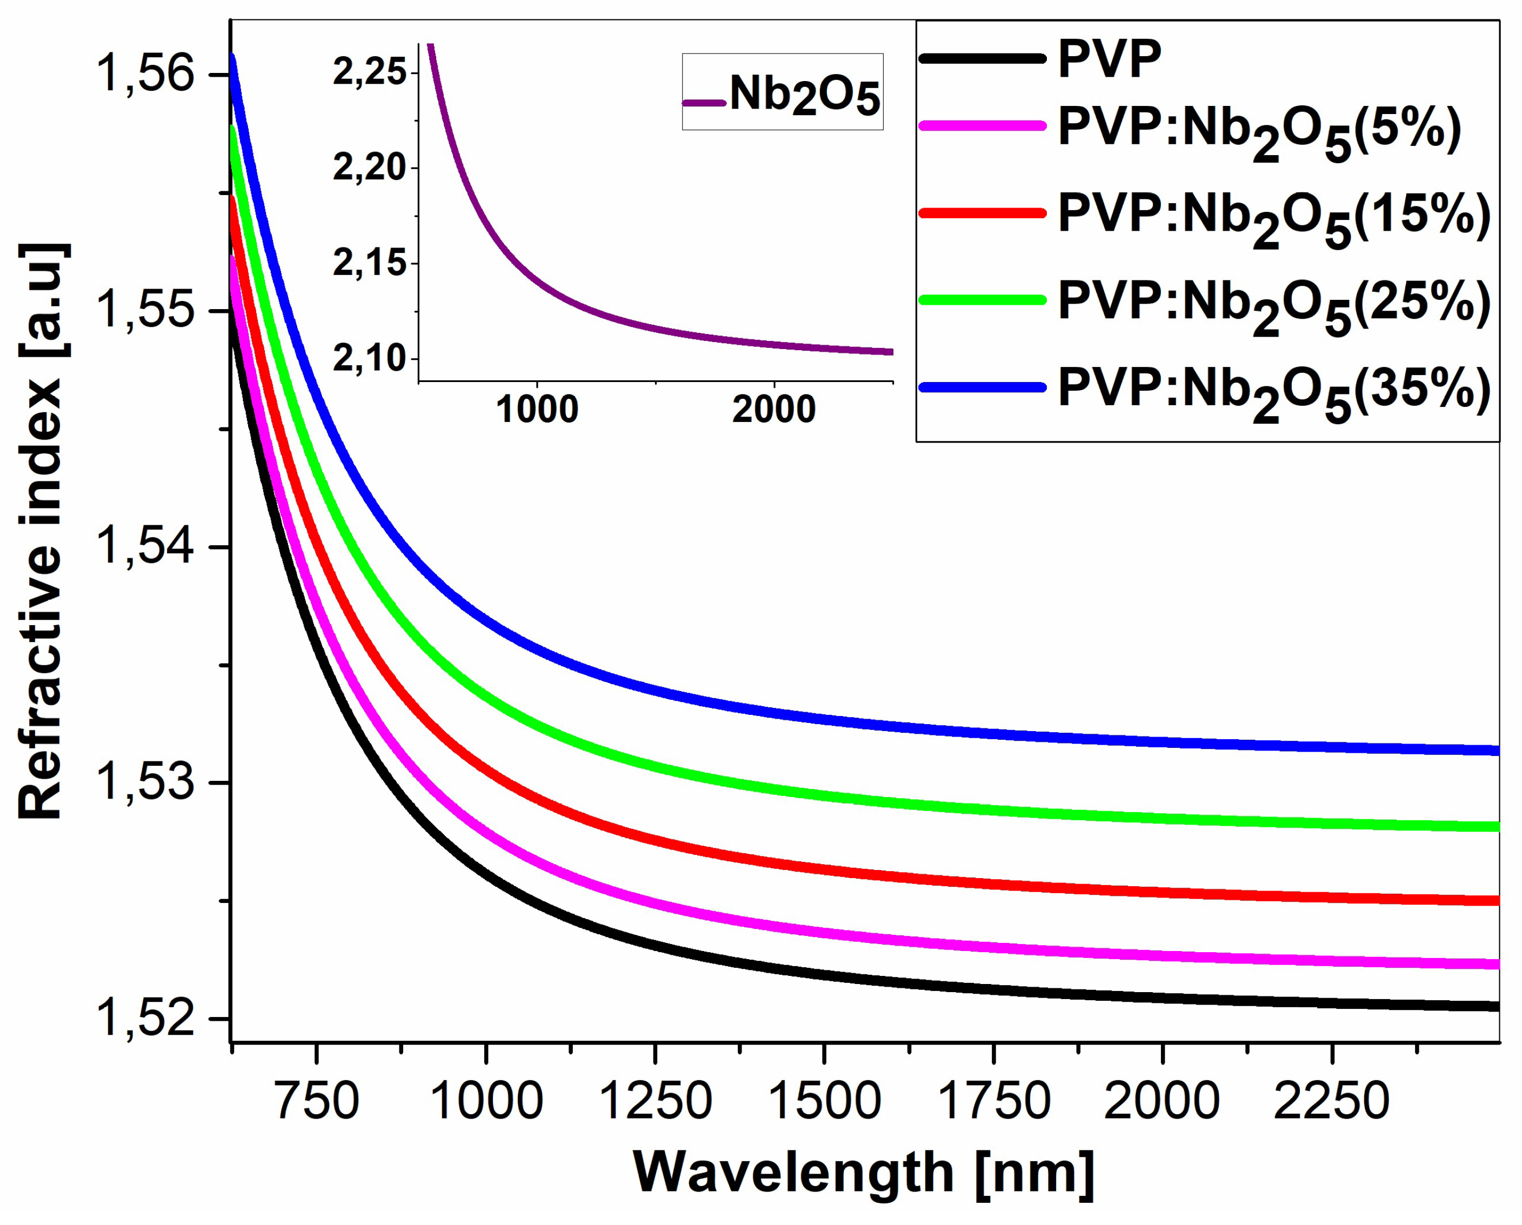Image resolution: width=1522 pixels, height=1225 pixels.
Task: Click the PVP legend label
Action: tap(1109, 59)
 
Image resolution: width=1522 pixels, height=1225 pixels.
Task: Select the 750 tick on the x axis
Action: tap(317, 1101)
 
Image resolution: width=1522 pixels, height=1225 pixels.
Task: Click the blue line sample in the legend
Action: tap(982, 387)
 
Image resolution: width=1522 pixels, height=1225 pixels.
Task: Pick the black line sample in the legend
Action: tap(982, 58)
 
